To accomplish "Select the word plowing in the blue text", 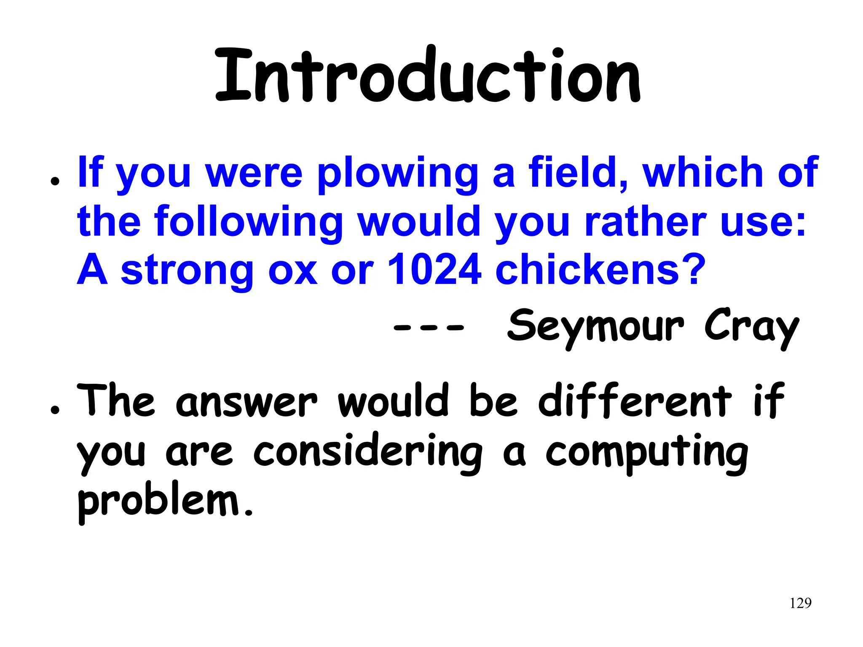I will [398, 174].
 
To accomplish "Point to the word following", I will [249, 222].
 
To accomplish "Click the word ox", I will [293, 270].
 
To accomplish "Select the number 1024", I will [434, 270].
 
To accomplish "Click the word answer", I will [247, 402].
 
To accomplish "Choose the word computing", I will [647, 453].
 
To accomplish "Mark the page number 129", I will [800, 603].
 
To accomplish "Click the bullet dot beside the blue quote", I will [54, 182].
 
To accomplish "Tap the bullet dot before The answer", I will [54, 409].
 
